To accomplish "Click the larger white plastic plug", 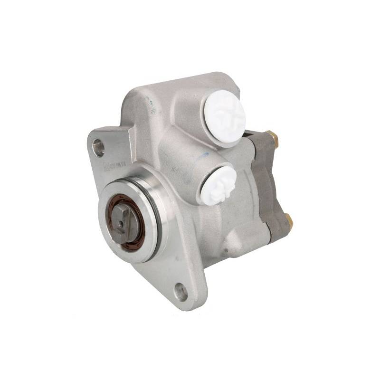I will [x=226, y=116].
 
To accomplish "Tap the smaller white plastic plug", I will [x=218, y=183].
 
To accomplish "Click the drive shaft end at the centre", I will [x=124, y=221].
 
